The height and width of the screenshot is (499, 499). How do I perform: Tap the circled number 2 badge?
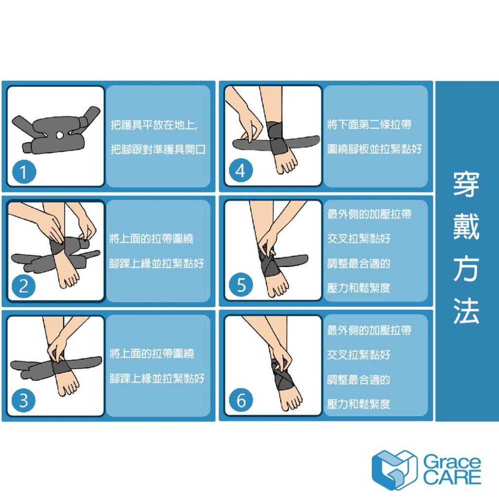[x=23, y=286]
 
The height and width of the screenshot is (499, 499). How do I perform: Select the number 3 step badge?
[x=23, y=401]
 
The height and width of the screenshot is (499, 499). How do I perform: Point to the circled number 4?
[x=241, y=171]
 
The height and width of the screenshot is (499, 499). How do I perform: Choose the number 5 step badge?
[x=241, y=286]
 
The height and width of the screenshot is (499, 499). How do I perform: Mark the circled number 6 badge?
[x=241, y=400]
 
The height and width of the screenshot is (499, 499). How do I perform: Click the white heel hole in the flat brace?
[x=60, y=135]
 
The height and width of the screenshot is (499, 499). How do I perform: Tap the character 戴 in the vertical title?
[x=466, y=227]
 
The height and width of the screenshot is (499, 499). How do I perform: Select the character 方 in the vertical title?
[x=466, y=269]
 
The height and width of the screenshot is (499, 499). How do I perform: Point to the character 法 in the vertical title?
[x=466, y=312]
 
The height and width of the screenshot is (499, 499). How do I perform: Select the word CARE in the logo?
[x=452, y=478]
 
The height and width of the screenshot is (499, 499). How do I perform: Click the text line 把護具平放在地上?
[x=154, y=125]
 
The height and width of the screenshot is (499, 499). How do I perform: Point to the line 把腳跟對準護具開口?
[x=158, y=149]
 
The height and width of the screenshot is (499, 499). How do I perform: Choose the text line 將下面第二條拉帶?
[x=369, y=125]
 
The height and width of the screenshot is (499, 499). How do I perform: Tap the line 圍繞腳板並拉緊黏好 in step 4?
[x=374, y=149]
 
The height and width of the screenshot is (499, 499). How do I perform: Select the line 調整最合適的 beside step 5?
[x=358, y=263]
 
